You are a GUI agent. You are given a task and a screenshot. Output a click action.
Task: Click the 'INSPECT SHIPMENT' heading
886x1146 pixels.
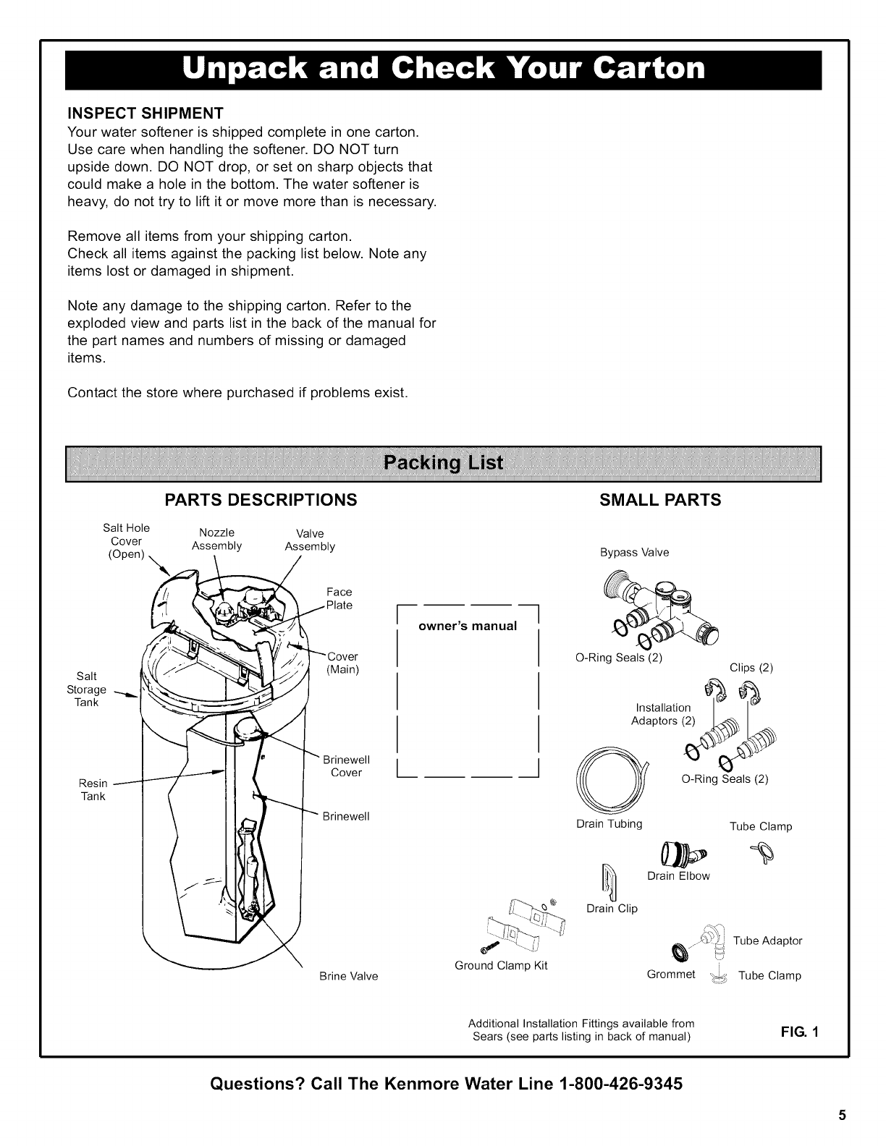[x=145, y=114]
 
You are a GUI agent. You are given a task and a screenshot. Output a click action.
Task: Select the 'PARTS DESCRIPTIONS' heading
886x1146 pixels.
[x=261, y=500]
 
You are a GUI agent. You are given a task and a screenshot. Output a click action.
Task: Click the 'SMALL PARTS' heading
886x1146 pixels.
[x=660, y=500]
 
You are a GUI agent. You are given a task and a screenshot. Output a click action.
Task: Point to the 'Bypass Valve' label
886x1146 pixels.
[x=634, y=553]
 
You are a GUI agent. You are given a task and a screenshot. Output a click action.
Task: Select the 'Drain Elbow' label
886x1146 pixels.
[x=678, y=876]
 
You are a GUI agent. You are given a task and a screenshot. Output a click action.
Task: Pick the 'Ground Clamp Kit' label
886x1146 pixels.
[x=501, y=965]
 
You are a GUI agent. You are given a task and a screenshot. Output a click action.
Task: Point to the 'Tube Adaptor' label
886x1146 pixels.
[x=767, y=941]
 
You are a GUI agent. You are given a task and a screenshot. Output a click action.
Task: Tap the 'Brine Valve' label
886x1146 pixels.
[x=349, y=976]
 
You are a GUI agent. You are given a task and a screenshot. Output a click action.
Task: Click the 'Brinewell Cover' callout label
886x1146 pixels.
[x=346, y=766]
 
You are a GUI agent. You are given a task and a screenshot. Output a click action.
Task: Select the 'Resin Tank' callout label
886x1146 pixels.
[x=93, y=789]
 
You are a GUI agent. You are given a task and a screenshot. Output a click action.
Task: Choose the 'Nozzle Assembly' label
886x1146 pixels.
[x=216, y=539]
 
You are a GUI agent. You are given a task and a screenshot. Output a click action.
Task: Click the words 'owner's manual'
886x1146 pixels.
[x=468, y=626]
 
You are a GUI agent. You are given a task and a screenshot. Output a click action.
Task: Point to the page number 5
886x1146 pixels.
[x=842, y=1115]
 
